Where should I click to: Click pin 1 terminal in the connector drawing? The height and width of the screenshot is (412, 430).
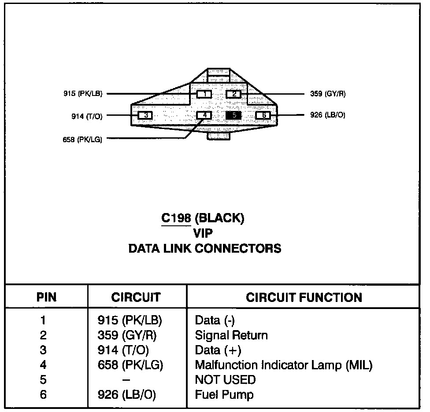(204, 94)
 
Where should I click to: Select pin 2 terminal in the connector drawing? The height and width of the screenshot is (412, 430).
(234, 94)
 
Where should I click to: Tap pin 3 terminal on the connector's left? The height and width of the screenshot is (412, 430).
(145, 115)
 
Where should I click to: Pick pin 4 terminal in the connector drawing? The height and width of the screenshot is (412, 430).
(204, 115)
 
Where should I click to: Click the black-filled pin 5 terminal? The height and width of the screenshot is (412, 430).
(234, 115)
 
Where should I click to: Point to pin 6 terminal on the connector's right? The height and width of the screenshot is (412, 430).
(263, 115)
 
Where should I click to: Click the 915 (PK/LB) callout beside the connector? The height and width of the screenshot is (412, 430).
(83, 94)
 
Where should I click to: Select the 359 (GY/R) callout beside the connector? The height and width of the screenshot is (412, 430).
(328, 94)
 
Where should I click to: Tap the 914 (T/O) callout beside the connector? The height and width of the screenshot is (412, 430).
(87, 116)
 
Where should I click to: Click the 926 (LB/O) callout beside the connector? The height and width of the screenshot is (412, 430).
(328, 115)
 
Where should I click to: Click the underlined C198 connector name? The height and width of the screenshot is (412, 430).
(176, 218)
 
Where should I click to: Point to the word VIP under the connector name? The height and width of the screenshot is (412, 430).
(203, 233)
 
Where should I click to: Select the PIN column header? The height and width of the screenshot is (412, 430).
(46, 297)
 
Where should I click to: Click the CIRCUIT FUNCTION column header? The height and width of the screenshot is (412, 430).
(304, 297)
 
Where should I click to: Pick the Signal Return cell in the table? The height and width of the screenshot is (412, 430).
(231, 335)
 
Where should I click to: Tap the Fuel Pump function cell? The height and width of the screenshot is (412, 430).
(224, 394)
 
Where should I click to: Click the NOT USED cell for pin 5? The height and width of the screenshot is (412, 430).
(225, 379)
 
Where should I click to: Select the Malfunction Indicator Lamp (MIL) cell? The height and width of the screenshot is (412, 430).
(283, 365)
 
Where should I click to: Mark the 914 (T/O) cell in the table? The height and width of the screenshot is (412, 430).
(123, 350)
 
